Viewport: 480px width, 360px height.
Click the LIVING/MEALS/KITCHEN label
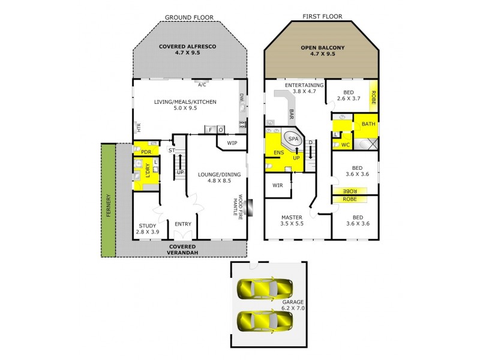[x=187, y=106]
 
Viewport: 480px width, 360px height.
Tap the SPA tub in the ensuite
[x=293, y=139]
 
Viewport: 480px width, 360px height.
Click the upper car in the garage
[x=265, y=290]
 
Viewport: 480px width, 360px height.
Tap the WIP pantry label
[x=232, y=143]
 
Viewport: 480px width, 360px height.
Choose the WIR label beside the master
[x=277, y=185]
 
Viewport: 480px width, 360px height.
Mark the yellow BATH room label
[x=368, y=124]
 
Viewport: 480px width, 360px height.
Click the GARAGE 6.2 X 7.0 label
[x=293, y=304]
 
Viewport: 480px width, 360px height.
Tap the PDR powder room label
[x=145, y=152]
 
